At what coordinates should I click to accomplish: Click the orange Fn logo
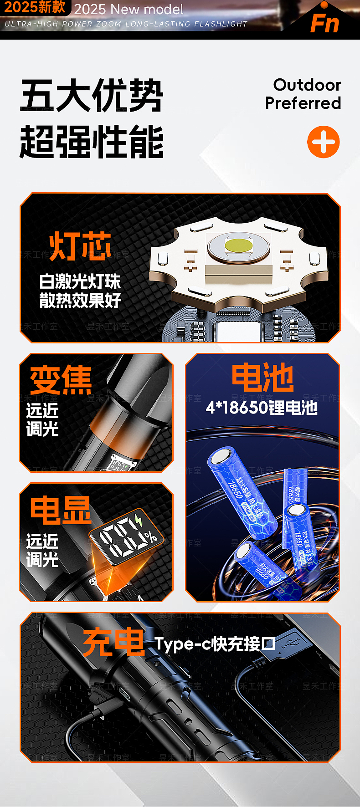coord(325,23)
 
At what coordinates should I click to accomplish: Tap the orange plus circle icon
coord(324,142)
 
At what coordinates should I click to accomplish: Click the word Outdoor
coord(307,85)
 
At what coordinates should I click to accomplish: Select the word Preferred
coord(303,103)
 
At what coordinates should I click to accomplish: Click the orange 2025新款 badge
coord(35,7)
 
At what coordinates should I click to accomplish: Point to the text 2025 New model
coord(129,9)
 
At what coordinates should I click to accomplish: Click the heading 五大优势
coord(92,96)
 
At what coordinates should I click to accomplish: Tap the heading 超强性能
coord(92,142)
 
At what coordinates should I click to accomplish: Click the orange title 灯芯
coord(80,246)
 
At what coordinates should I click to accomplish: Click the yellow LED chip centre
coord(238,245)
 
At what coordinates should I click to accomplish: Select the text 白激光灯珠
coord(80,281)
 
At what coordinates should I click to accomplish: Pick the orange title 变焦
coord(61,380)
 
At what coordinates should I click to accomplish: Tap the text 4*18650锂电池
coord(262,407)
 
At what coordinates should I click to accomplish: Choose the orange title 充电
coord(114,643)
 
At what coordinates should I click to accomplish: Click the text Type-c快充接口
coord(215,644)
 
